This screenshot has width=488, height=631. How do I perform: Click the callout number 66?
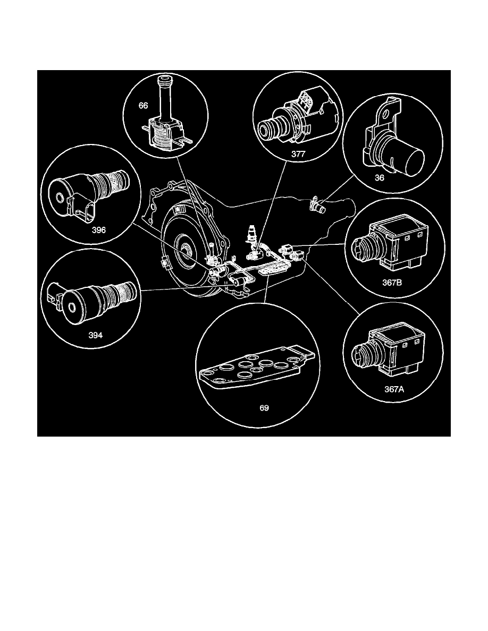pyautogui.click(x=143, y=106)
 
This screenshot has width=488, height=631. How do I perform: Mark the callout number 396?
pyautogui.click(x=98, y=231)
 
